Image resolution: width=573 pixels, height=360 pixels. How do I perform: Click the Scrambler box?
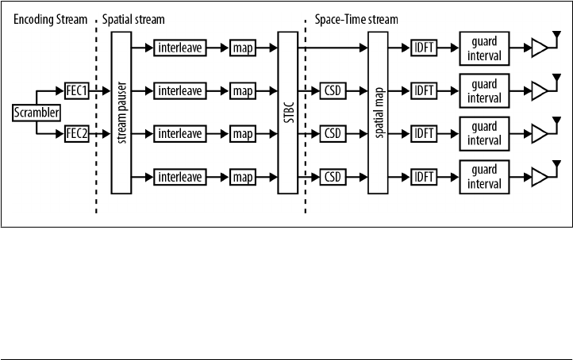[37, 113]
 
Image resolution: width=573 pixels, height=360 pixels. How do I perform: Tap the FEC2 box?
[77, 134]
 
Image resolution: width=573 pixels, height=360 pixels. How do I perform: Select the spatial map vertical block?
[377, 113]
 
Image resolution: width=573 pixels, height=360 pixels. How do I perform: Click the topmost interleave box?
[181, 48]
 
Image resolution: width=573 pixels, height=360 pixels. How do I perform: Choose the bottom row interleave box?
[181, 176]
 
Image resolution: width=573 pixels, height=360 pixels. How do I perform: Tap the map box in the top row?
[242, 48]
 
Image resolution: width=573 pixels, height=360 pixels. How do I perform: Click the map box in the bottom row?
[242, 176]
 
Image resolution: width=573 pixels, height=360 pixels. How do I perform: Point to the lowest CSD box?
[333, 176]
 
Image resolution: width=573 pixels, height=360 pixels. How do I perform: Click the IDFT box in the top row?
[422, 48]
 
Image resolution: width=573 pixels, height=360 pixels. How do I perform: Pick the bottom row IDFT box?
[422, 176]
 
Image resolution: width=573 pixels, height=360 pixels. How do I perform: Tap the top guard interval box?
[483, 48]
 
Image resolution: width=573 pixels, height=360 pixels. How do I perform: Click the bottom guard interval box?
[483, 176]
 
